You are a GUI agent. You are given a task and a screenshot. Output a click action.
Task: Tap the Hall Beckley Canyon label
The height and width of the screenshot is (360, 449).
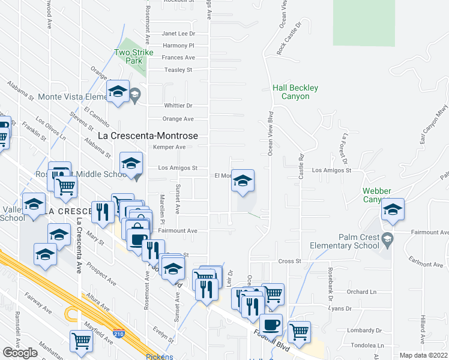[295, 92]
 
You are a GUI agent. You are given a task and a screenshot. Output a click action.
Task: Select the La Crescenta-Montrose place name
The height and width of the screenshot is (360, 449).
[152, 136]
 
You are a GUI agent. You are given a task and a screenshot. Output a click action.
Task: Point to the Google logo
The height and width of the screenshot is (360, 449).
[20, 352]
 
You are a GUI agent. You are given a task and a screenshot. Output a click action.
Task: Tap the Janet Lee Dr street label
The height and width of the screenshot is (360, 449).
[179, 34]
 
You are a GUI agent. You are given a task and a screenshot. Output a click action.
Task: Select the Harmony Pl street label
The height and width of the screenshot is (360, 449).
[179, 46]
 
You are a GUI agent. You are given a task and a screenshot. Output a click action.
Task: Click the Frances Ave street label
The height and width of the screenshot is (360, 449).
[179, 58]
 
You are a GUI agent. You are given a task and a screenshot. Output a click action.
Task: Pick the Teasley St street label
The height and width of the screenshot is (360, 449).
[178, 70]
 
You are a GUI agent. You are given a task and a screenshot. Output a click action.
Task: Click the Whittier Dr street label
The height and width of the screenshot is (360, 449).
[178, 105]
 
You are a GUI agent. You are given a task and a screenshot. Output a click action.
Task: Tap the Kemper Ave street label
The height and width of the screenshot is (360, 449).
[169, 147]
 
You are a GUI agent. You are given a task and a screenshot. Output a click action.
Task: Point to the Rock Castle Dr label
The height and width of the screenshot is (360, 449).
[288, 41]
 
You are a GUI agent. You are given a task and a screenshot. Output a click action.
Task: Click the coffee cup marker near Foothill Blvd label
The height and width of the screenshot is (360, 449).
[271, 325]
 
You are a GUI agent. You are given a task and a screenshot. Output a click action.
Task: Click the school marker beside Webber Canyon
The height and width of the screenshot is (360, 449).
[393, 210]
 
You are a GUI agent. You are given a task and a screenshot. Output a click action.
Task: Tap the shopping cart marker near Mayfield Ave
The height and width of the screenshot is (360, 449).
[82, 341]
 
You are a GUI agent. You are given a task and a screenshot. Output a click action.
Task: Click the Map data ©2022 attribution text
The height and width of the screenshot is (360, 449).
[424, 355]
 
